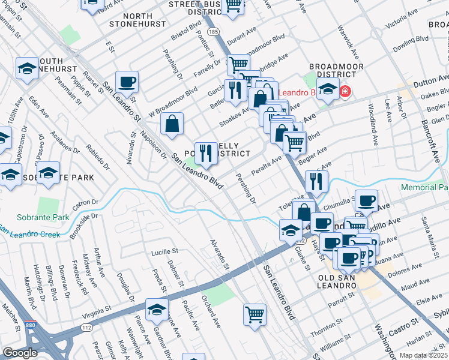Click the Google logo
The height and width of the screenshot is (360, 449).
20,353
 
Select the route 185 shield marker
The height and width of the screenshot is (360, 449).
212,31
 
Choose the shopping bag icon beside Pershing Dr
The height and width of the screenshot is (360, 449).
172,124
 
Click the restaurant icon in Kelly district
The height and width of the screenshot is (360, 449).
206,153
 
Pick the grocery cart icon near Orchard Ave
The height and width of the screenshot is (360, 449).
255,314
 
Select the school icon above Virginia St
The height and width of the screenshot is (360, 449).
157,309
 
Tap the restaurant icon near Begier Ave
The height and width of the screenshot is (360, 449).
316,180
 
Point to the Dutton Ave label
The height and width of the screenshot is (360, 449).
430,79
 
